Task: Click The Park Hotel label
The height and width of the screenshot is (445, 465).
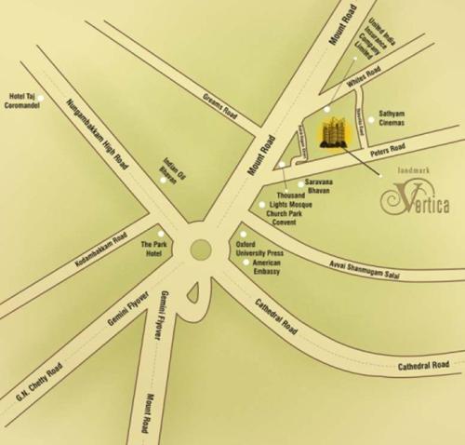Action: [152, 249]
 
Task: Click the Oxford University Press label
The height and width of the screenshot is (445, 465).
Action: [260, 248]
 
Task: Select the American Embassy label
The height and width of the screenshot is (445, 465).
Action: [267, 268]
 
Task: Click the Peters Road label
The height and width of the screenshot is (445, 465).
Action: [387, 149]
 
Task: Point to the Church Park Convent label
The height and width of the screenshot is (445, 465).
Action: [282, 218]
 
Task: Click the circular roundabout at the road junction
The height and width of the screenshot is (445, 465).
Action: [200, 249]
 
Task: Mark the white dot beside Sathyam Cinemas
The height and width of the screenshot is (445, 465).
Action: [370, 118]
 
